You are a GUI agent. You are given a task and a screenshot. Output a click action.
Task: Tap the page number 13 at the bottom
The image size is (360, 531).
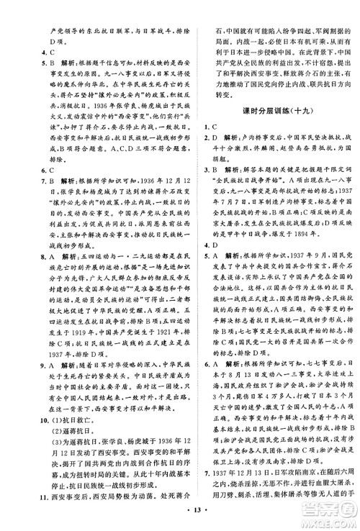(x=179, y=520)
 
